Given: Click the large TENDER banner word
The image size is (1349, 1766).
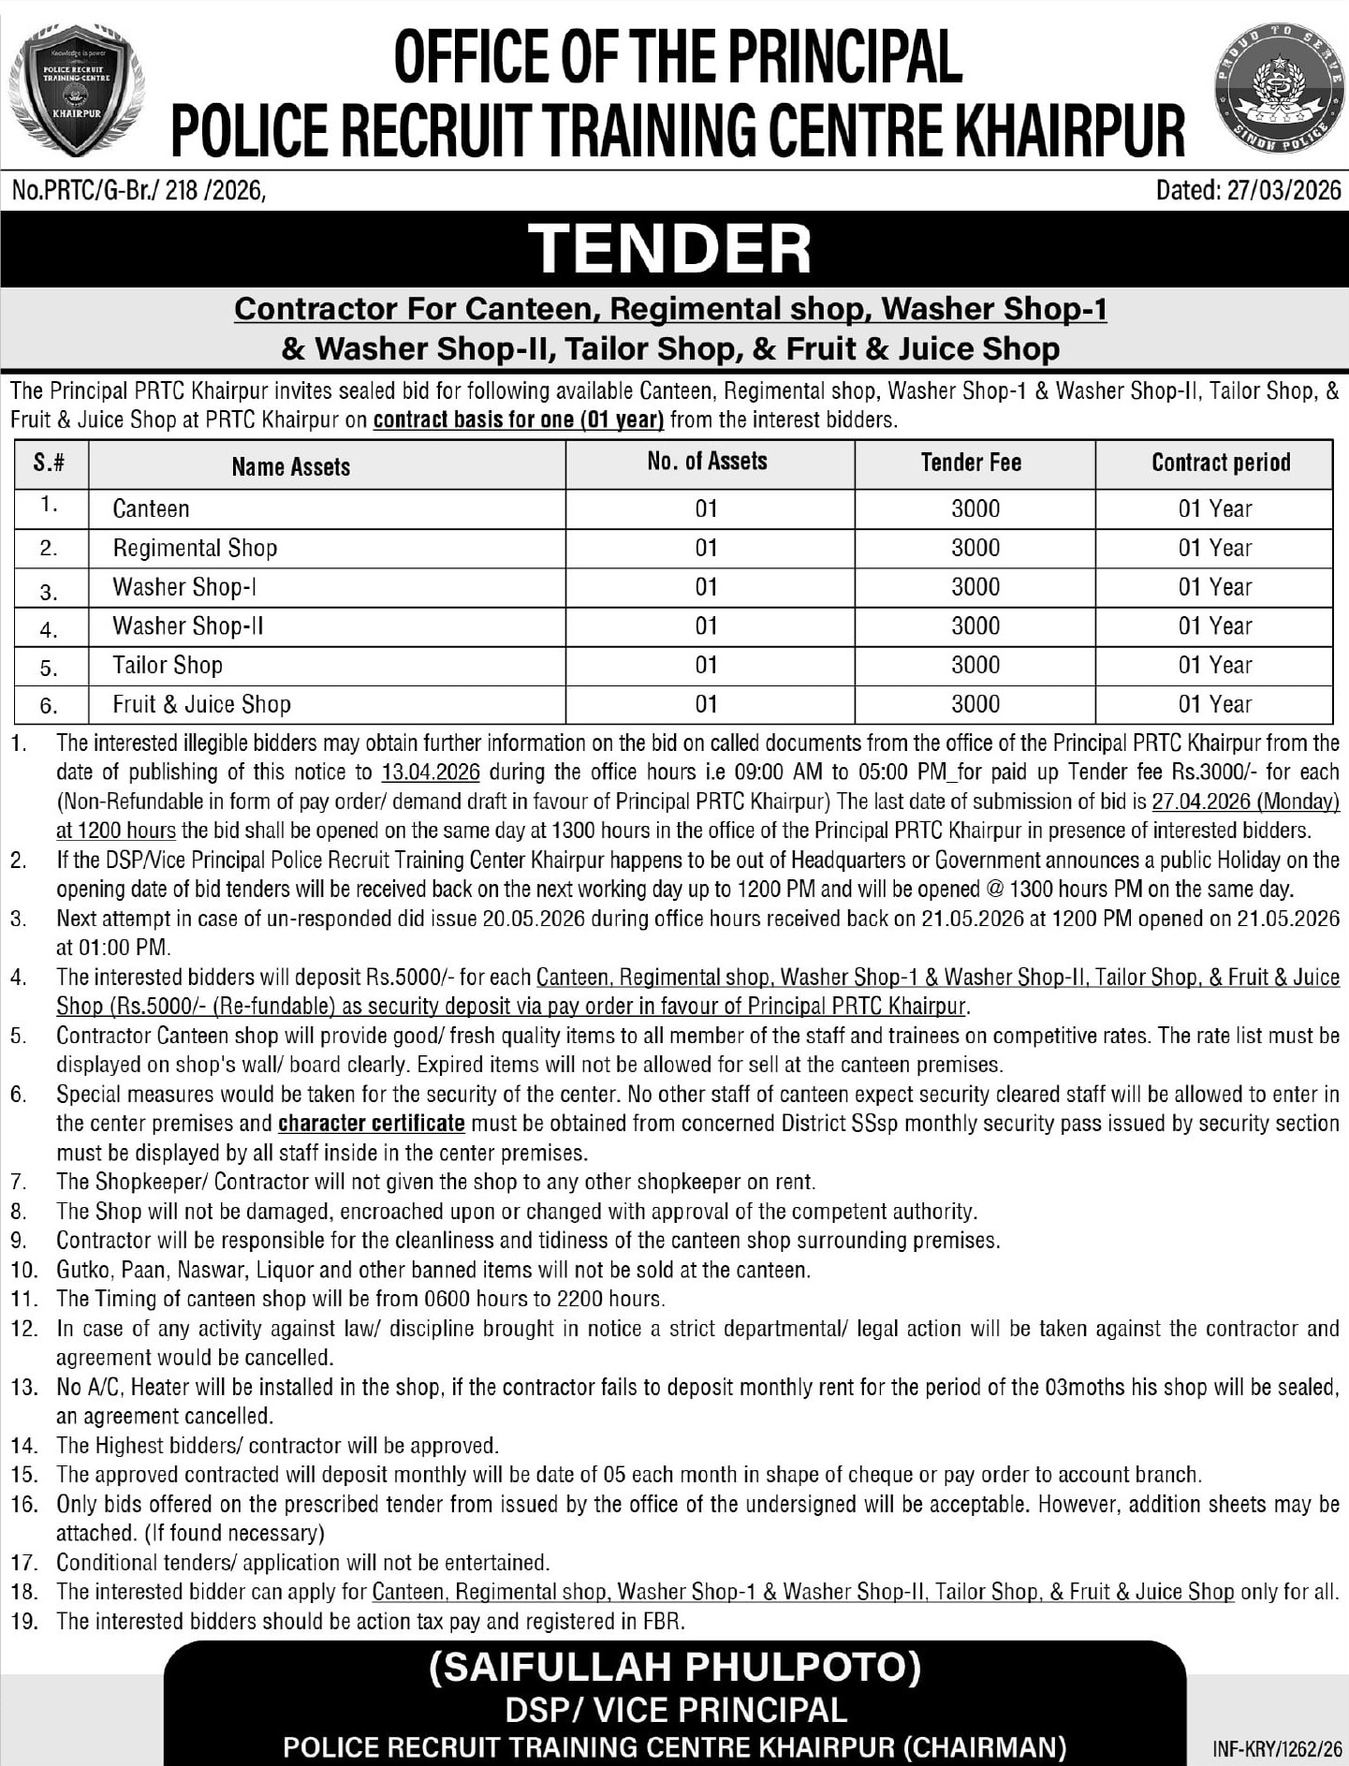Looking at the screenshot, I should (671, 249).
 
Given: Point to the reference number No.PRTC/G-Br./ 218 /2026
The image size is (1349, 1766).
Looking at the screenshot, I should (139, 191).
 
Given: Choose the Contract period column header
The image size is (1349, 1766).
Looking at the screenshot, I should (1220, 463).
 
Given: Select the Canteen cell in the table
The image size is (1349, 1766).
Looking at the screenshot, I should (151, 508).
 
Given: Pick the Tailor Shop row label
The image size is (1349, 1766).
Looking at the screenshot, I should (168, 665).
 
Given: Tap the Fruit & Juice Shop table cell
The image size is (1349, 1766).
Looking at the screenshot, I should (201, 704).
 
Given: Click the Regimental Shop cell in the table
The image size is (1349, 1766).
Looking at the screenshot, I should (195, 548).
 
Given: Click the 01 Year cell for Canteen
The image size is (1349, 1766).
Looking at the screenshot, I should (1214, 508).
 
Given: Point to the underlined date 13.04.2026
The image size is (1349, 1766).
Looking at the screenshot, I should (431, 773).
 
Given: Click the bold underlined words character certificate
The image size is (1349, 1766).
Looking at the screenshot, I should (372, 1123).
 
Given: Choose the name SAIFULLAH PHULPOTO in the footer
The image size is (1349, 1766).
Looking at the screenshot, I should (675, 1668).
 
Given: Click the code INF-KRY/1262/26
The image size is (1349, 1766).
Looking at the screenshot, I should (1277, 1749).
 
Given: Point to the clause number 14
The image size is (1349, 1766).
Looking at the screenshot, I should (23, 1446).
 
